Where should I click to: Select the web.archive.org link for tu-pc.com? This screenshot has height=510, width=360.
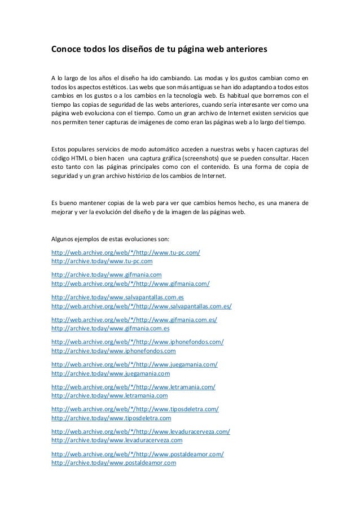[x=126, y=251]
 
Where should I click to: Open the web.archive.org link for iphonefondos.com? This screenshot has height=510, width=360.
[x=138, y=342]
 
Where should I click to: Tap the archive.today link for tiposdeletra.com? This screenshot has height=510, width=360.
[x=111, y=418]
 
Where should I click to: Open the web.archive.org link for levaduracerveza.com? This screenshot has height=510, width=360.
[x=141, y=431]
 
